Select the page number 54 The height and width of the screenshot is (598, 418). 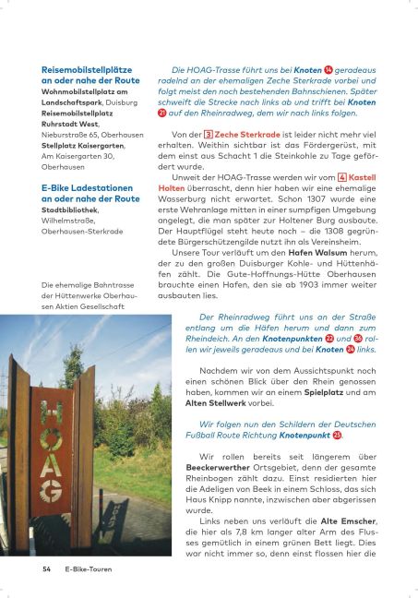click(x=46, y=569)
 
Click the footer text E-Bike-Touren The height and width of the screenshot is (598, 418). click(x=89, y=569)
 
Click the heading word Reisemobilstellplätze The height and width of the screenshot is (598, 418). click(x=87, y=69)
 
